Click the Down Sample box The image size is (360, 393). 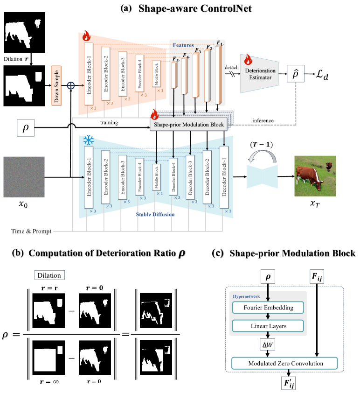(58, 87)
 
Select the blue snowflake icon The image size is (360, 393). (88, 140)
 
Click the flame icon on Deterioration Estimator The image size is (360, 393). (247, 60)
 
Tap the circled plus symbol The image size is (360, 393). (71, 87)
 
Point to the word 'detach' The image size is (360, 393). (231, 66)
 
